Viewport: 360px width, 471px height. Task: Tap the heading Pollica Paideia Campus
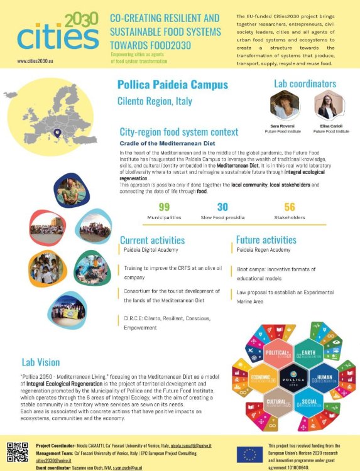click(x=173, y=85)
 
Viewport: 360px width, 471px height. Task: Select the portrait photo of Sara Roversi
click(x=284, y=105)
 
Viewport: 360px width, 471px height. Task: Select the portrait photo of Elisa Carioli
click(x=329, y=105)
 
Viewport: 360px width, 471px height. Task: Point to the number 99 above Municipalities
click(x=164, y=207)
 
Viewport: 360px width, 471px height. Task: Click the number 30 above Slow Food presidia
click(x=222, y=207)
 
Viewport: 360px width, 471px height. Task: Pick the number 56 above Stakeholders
click(x=289, y=207)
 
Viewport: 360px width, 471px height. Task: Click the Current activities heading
click(x=152, y=240)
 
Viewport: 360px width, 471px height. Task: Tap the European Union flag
click(x=254, y=455)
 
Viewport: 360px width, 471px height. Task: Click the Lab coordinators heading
click(x=305, y=84)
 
